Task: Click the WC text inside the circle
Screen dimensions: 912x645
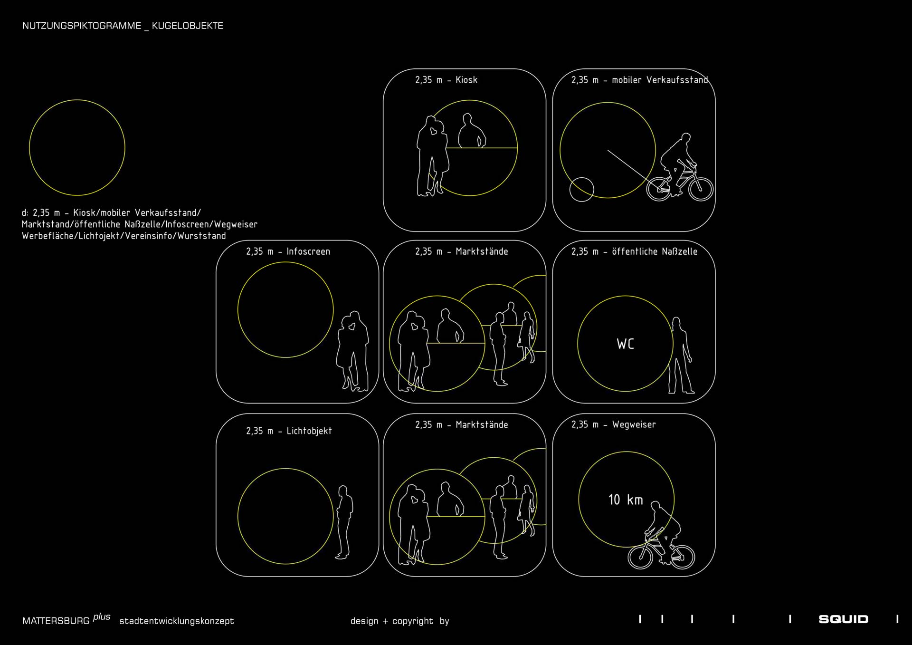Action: pos(625,344)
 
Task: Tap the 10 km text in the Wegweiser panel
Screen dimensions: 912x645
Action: pos(626,500)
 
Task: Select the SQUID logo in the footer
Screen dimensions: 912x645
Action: pos(844,619)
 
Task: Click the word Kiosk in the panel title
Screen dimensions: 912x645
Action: pos(466,80)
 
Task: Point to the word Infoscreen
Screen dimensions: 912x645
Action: pos(308,251)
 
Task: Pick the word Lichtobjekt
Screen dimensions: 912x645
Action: pos(309,431)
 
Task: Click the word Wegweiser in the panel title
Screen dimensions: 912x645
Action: pos(634,425)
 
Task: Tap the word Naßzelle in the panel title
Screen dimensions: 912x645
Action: pos(678,251)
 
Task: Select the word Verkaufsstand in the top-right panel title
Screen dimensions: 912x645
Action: pos(677,80)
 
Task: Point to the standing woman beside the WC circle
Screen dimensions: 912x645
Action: pos(680,356)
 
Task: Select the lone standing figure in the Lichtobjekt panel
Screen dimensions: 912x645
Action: pos(344,522)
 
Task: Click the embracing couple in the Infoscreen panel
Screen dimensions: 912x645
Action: pos(352,351)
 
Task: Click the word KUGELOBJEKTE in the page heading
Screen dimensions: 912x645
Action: pos(188,26)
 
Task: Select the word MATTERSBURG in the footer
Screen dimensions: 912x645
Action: pos(56,621)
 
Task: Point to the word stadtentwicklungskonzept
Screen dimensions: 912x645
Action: pos(177,621)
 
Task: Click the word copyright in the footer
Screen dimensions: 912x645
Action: pos(413,621)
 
